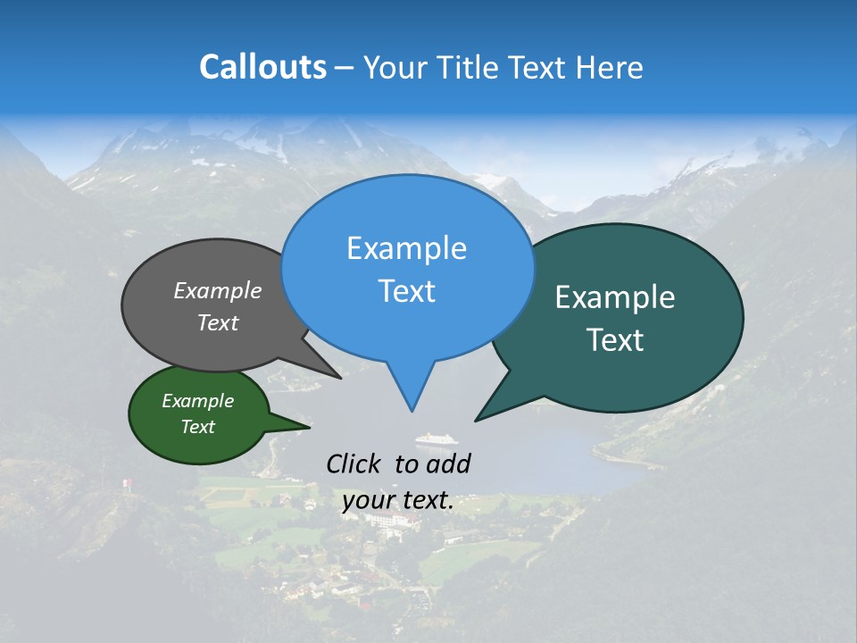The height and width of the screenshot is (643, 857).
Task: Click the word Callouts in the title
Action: coord(262,67)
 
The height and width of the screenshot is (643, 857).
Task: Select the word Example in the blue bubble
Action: coord(406,248)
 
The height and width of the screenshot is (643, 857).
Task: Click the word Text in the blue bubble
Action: coord(406,291)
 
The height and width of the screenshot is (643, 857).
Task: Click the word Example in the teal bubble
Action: coord(615,297)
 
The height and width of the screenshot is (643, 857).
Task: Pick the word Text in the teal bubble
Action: coord(615,340)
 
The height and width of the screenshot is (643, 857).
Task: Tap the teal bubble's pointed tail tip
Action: coord(477,419)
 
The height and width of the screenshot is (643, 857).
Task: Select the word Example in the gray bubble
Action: coord(218,290)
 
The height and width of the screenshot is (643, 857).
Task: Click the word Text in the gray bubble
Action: coord(218,322)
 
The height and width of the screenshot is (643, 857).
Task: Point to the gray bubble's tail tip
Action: coord(340,378)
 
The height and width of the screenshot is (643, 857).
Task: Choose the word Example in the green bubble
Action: coord(197,401)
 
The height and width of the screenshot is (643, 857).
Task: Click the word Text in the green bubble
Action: coord(197,427)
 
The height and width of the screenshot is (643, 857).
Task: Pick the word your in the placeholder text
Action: coord(368,500)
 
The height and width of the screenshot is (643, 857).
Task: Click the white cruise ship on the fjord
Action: coord(437,438)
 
